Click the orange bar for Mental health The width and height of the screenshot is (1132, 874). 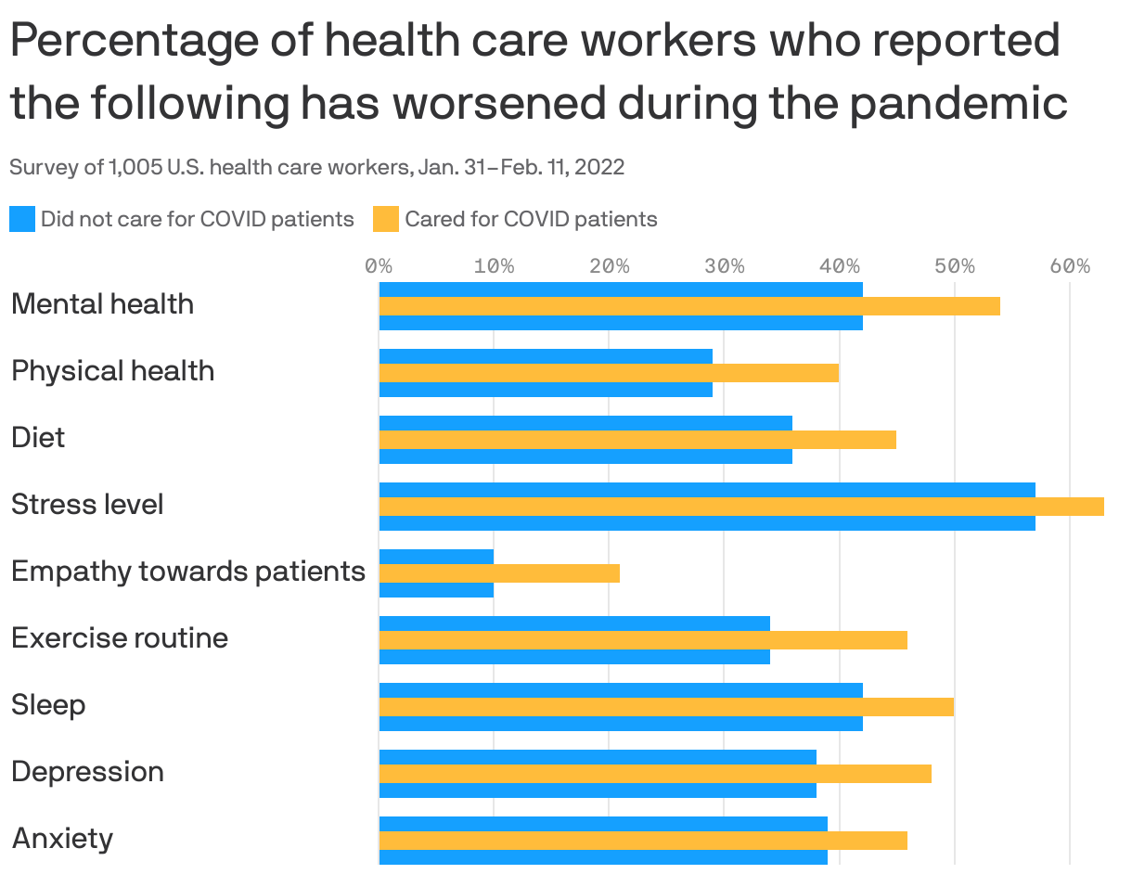click(689, 306)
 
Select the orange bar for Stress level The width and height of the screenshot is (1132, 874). click(741, 507)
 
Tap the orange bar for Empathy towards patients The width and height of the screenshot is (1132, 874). click(499, 573)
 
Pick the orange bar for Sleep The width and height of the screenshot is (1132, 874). click(666, 707)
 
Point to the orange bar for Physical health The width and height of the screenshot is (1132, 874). click(609, 373)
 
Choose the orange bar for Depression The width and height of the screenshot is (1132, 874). click(655, 774)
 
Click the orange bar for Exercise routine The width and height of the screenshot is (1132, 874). click(643, 640)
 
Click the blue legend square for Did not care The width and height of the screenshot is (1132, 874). click(22, 220)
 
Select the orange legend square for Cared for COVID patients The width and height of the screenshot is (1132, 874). click(386, 220)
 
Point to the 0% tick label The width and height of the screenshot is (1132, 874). click(379, 267)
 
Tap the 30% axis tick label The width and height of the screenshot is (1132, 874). click(724, 267)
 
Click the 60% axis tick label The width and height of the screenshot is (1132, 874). click(1070, 267)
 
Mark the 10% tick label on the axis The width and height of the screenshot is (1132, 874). click(494, 267)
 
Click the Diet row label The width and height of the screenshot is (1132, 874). click(38, 437)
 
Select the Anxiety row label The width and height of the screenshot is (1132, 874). click(62, 839)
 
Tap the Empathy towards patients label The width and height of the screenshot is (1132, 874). click(188, 572)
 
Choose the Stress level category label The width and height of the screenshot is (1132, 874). click(87, 505)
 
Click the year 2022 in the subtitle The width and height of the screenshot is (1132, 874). click(599, 168)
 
